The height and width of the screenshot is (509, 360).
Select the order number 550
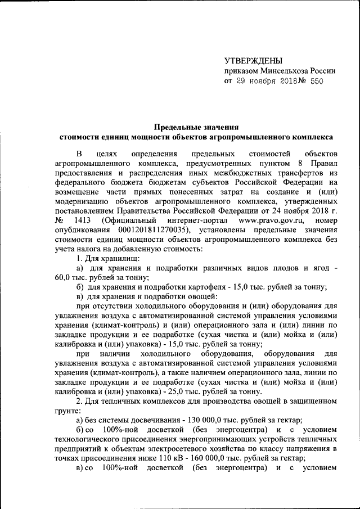[x=314, y=81]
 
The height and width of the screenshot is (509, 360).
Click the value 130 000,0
[x=194, y=420]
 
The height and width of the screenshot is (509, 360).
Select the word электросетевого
[x=206, y=449]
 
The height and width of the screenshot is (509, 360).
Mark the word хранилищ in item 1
[x=118, y=259]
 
